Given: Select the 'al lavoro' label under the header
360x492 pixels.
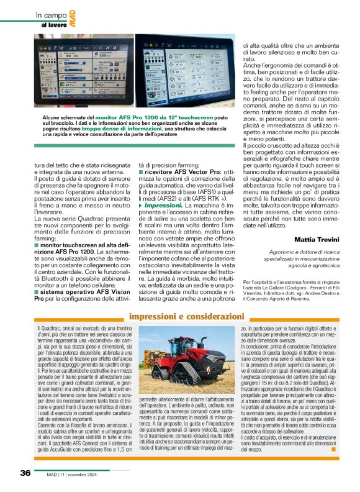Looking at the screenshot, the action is pyautogui.click(x=55, y=25).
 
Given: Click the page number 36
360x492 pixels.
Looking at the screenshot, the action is pyautogui.click(x=25, y=473).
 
